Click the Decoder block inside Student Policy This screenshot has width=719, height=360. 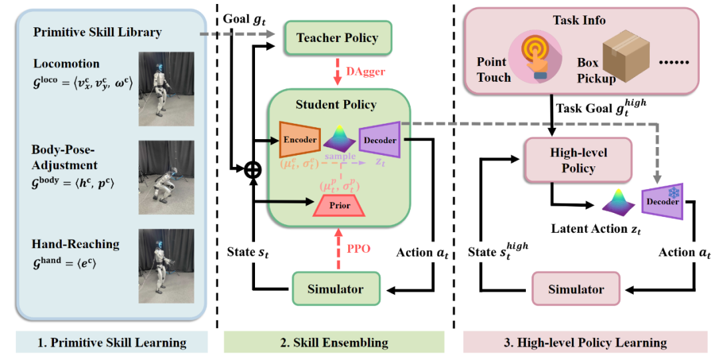379,140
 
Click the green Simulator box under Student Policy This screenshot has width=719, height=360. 336,289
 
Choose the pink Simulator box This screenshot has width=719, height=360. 576,289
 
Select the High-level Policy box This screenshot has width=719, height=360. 578,160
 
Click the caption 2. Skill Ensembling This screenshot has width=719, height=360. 334,342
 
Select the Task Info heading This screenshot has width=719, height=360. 577,20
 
